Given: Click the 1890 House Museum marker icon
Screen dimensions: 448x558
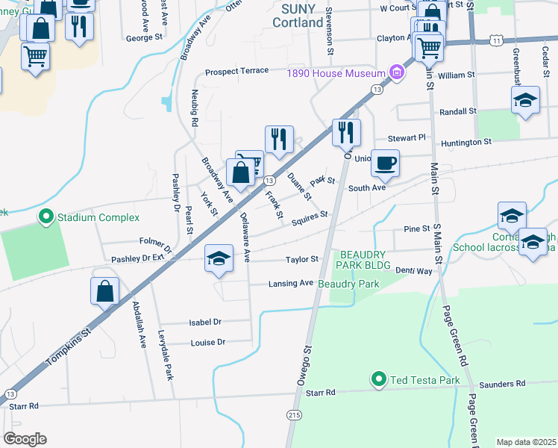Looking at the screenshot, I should [397, 72].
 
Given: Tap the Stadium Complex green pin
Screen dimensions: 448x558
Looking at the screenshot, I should [46, 217].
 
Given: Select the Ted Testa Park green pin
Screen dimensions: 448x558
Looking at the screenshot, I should [379, 380].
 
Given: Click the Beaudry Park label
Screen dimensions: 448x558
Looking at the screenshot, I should [348, 284].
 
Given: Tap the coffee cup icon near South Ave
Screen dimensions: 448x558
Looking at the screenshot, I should [385, 163].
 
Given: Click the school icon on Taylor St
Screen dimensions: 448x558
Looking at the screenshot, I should [218, 258].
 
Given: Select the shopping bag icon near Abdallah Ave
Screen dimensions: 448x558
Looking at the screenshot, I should [105, 291].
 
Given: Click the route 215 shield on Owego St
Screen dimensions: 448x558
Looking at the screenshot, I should [293, 415].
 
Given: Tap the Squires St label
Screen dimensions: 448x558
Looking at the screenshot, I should [310, 217].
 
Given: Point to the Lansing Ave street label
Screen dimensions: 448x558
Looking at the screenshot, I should [291, 284].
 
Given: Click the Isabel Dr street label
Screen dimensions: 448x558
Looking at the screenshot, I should [207, 323].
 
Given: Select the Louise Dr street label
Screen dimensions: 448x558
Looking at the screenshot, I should [209, 343].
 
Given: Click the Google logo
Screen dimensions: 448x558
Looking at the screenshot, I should [25, 438].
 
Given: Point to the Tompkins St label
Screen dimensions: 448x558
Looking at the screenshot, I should [67, 349].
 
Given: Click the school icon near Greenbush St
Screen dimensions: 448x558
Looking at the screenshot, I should [525, 100].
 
